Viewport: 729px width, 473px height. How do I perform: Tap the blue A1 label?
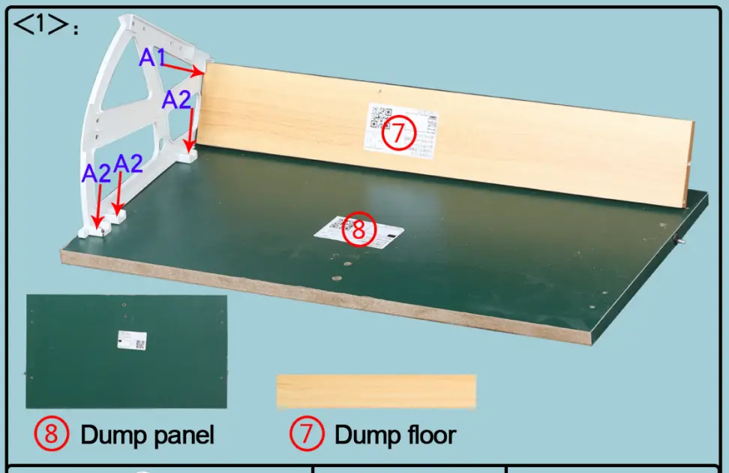152,56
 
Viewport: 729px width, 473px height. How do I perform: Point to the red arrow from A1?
183,68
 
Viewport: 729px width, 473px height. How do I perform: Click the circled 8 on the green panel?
358,230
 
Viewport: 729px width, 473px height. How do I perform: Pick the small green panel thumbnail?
126,350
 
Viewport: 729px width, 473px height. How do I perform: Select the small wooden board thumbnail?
376,390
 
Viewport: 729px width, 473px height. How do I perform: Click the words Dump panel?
147,434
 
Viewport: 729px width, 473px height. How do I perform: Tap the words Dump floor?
394,434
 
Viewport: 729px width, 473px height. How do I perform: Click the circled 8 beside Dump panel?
52,433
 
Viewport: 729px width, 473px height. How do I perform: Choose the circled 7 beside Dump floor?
307,433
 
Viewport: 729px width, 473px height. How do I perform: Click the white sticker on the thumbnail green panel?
131,340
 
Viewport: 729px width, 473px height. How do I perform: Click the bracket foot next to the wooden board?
189,156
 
